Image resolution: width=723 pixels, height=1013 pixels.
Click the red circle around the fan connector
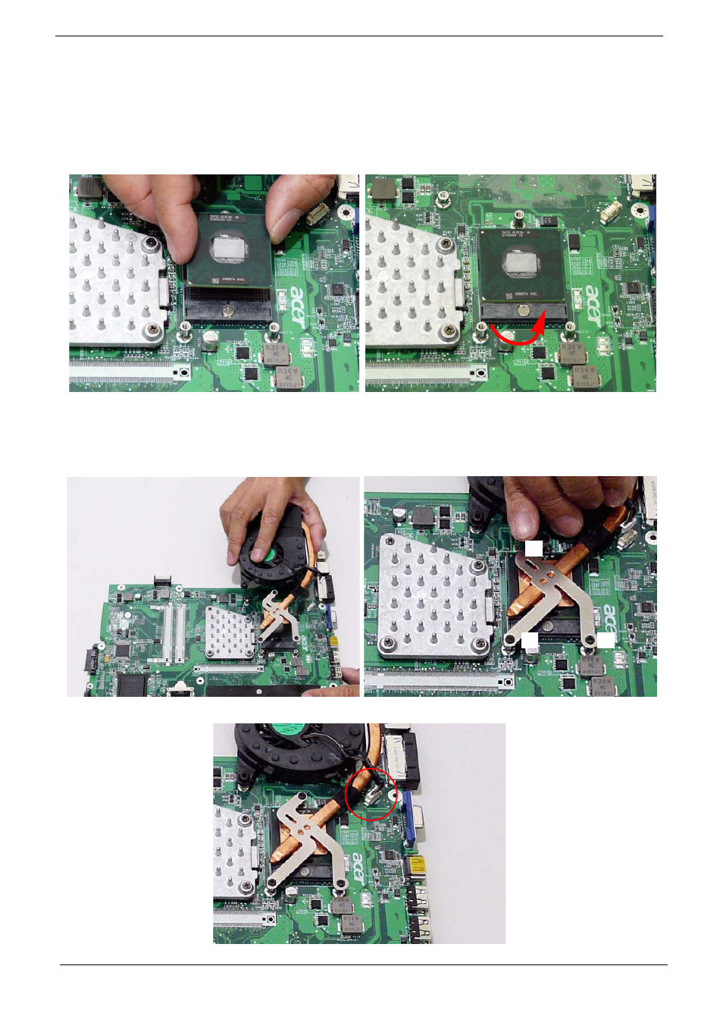(371, 793)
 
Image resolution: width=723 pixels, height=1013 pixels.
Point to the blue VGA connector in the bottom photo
(410, 820)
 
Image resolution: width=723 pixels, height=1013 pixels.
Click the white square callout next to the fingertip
(534, 547)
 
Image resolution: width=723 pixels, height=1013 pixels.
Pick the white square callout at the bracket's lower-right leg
(606, 640)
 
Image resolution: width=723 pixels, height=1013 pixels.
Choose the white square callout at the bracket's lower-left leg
(530, 641)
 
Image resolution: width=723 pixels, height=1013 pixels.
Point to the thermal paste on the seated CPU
(521, 263)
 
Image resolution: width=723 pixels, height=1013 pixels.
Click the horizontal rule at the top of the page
(359, 36)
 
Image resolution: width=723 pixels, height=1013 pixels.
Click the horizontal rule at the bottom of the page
(364, 964)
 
